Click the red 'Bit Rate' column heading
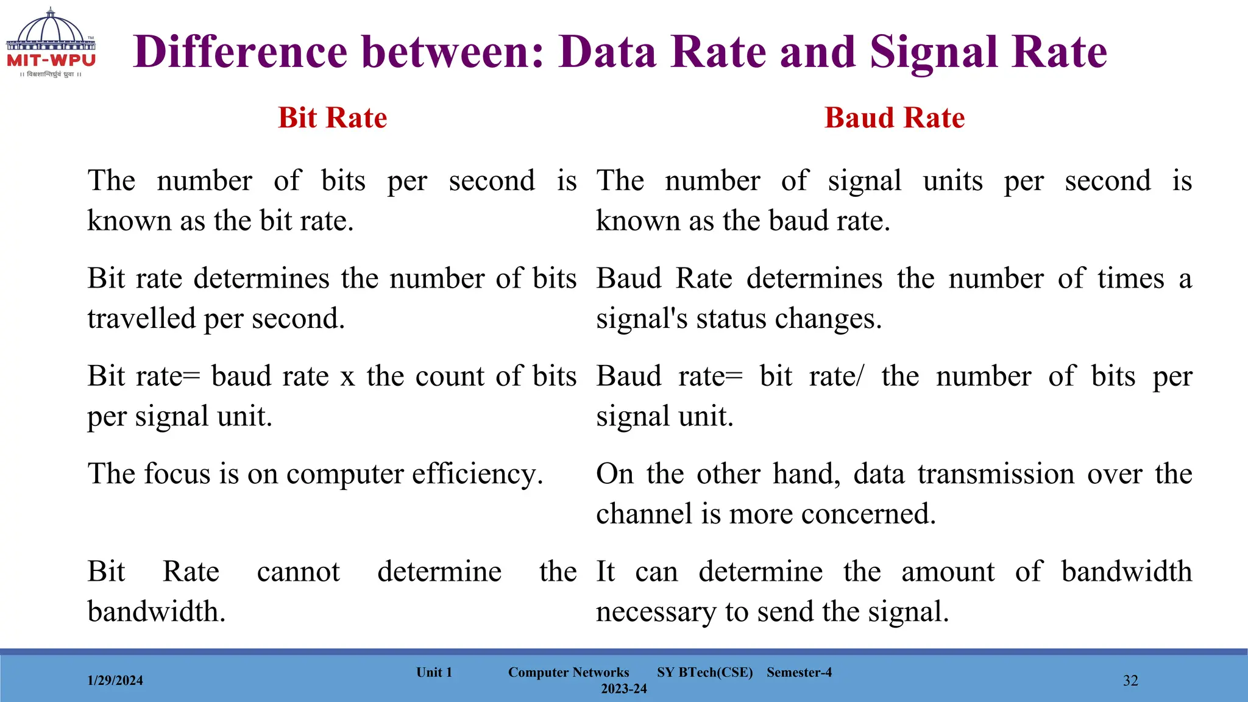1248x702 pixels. pyautogui.click(x=333, y=118)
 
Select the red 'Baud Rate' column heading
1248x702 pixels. pyautogui.click(x=894, y=118)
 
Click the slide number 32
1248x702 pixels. pyautogui.click(x=1130, y=681)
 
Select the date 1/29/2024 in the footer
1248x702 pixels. pyautogui.click(x=115, y=681)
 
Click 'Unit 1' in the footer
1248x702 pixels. pyautogui.click(x=434, y=672)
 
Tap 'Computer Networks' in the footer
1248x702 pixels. pyautogui.click(x=569, y=672)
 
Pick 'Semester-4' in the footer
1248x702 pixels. pyautogui.click(x=799, y=672)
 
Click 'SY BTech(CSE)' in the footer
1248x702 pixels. pyautogui.click(x=705, y=672)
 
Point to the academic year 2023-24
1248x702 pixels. pyautogui.click(x=624, y=689)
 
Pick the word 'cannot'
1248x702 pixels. pyautogui.click(x=298, y=572)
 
